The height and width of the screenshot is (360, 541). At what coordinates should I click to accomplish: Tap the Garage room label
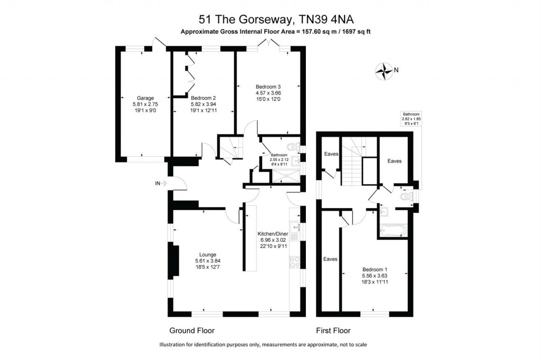[145, 98]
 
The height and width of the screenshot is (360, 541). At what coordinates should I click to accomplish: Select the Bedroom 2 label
[203, 98]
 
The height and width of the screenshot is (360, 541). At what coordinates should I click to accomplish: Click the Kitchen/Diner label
[273, 234]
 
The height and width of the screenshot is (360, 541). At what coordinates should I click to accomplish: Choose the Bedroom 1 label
[375, 268]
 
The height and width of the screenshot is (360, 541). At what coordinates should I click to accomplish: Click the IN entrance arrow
[161, 183]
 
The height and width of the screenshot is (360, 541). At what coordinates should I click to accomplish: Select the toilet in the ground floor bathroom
[290, 147]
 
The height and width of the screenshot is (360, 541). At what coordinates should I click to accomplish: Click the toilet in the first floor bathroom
[406, 197]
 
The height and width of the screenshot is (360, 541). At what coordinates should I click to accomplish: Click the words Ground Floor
[192, 331]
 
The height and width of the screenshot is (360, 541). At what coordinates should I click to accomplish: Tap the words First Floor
[333, 331]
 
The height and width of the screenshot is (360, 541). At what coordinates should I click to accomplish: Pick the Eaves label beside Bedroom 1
[331, 259]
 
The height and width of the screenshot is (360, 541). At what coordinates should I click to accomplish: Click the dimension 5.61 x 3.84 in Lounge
[206, 260]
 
